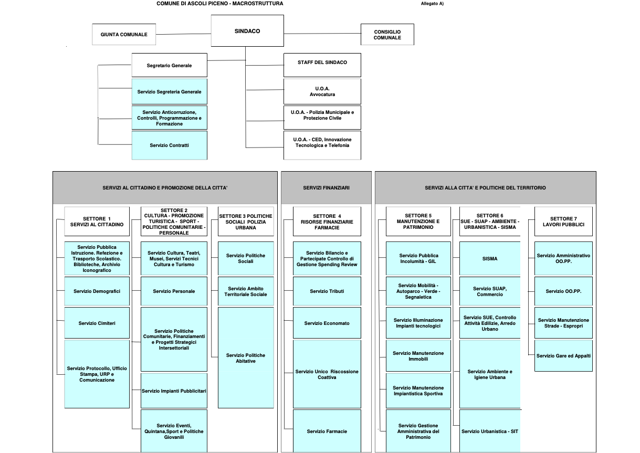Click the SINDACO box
coord(247,31)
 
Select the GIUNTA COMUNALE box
coord(124,34)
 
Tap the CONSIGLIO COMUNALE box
coord(387,34)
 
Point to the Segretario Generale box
coord(170,65)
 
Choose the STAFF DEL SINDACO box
coord(322,65)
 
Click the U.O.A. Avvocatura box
coord(322,91)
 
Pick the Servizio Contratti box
coord(170,145)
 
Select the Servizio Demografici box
coord(97,291)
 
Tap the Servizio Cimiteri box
coord(97,323)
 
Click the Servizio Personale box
coord(174,291)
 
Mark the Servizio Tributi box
coord(327,291)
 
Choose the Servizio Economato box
coord(327,323)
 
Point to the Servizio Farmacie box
coord(327,431)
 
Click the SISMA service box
coord(490,258)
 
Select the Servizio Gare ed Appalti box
coord(563,355)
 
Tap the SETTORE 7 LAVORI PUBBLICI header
coord(563,222)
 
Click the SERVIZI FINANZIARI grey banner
coord(326,187)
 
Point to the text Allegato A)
coord(432,4)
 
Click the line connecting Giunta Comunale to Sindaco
coord(183,34)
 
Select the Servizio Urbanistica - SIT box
coord(490,431)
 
